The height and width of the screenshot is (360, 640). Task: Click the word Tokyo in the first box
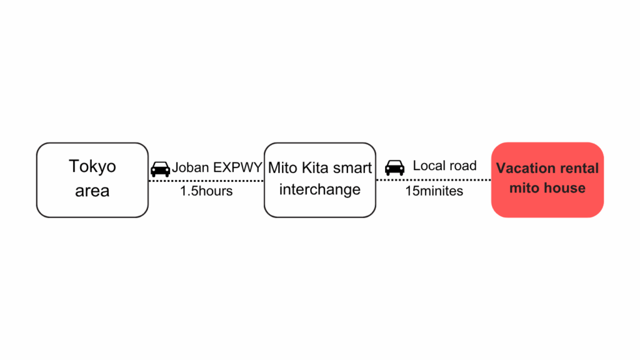(92, 167)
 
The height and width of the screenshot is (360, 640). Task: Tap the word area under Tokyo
(92, 191)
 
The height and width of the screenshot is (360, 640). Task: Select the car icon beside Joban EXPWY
(160, 169)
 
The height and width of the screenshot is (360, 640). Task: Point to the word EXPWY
(237, 167)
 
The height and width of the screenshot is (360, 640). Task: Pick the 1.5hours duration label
(206, 191)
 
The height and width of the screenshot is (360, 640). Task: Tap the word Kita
(312, 167)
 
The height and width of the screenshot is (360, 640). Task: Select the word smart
(351, 168)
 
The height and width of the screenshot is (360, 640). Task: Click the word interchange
(320, 189)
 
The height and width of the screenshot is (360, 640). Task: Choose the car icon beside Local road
(395, 167)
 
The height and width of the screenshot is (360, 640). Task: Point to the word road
(461, 166)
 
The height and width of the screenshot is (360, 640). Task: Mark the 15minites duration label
(434, 191)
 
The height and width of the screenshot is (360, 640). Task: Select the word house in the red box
(565, 188)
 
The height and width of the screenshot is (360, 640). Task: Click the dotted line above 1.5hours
(206, 181)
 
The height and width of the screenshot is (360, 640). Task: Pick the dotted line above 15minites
(434, 180)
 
